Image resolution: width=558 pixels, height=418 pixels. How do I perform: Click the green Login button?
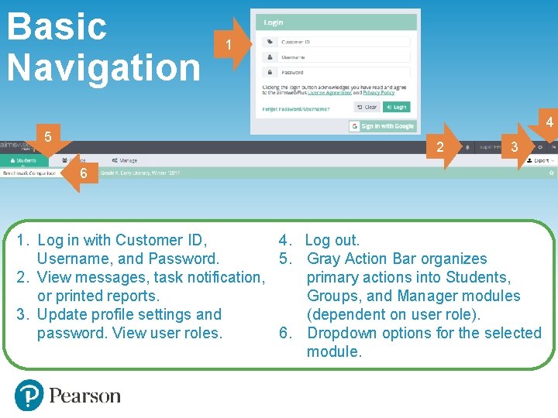[396, 108]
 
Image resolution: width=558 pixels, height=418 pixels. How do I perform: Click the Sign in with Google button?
[382, 126]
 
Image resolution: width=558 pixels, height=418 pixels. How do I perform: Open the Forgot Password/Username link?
[296, 109]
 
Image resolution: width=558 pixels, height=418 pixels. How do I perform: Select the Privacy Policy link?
[378, 93]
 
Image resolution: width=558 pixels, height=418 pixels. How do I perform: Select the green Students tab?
[23, 160]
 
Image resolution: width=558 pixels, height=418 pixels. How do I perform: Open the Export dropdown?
[540, 160]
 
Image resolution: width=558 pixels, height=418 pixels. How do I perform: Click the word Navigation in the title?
[104, 67]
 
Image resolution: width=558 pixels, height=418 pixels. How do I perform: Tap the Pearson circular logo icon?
[29, 396]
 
